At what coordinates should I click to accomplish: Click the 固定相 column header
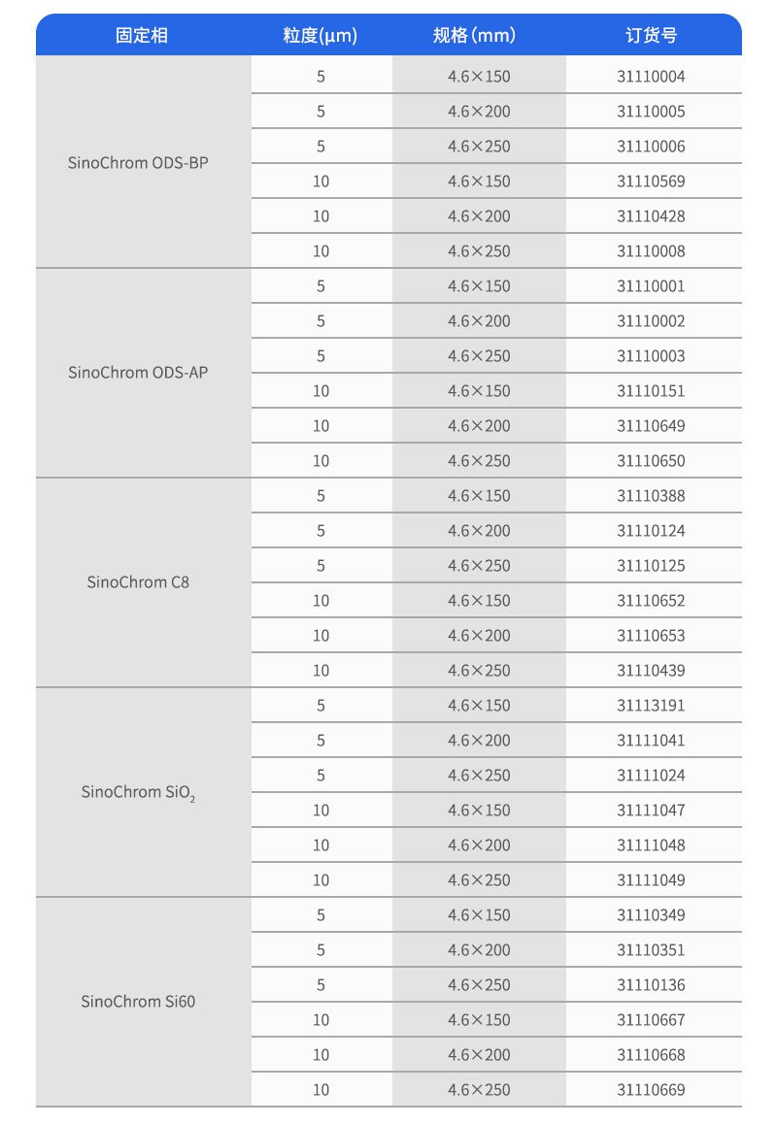[142, 36]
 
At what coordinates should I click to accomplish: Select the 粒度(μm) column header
[321, 36]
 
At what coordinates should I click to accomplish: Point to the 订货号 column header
[651, 36]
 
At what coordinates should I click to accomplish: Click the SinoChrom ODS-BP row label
[138, 162]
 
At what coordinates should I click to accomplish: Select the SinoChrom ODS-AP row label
[138, 372]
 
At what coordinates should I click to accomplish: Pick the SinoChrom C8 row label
[138, 582]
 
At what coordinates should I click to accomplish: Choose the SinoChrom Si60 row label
[138, 1001]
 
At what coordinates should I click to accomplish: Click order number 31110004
[651, 77]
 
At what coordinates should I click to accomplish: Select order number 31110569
[651, 182]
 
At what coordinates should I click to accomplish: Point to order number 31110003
[651, 356]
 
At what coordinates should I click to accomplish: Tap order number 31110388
[651, 496]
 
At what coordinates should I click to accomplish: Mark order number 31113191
[651, 706]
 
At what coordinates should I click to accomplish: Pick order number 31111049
[651, 880]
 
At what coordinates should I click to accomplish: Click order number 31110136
[651, 985]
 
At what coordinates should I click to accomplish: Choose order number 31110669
[651, 1090]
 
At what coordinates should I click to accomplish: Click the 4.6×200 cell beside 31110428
[479, 216]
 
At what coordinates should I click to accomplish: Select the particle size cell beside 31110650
[321, 461]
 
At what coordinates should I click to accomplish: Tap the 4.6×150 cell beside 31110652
[479, 601]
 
